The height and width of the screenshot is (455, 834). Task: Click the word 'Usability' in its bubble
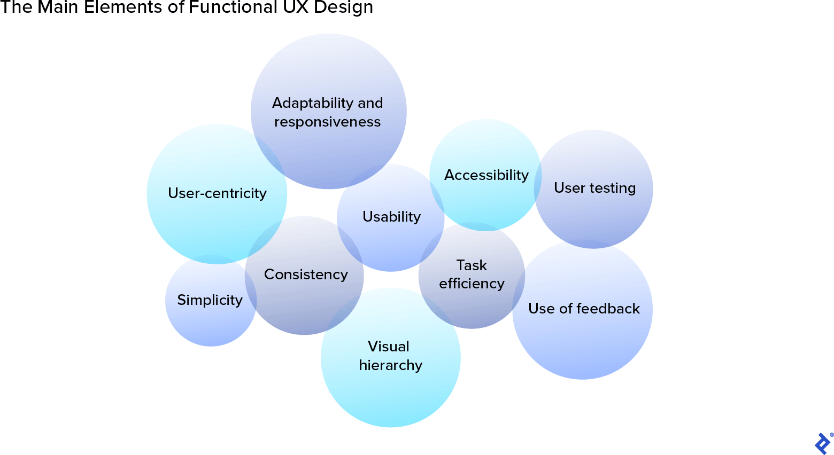click(391, 217)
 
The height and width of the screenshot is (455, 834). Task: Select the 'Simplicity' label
click(210, 300)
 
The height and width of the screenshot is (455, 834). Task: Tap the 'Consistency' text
click(306, 274)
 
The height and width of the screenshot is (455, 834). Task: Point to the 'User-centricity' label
click(217, 193)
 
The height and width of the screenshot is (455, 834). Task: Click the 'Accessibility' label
click(486, 175)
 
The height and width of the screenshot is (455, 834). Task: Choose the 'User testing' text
click(594, 188)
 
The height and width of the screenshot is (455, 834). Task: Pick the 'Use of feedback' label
click(584, 309)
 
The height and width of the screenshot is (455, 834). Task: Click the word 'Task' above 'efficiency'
click(472, 265)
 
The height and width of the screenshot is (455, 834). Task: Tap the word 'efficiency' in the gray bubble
click(472, 284)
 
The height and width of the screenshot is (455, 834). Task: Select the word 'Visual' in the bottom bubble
click(389, 347)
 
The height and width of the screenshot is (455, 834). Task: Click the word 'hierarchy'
click(390, 365)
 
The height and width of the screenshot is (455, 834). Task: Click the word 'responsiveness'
click(327, 122)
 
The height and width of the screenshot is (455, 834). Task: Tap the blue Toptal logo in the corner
click(822, 443)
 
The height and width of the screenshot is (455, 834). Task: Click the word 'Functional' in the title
click(233, 7)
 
